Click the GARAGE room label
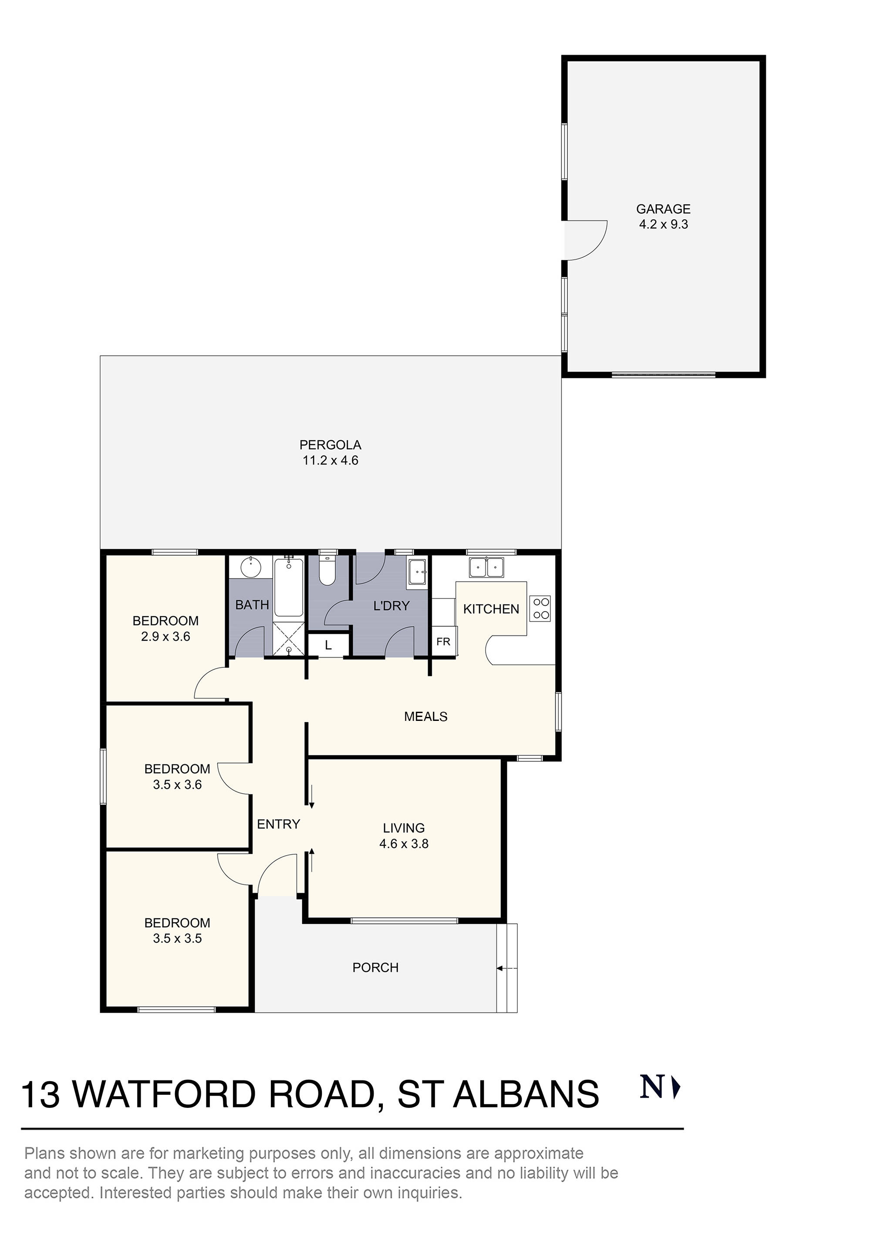pyautogui.click(x=663, y=209)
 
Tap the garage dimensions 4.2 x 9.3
pyautogui.click(x=663, y=224)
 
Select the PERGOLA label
pyautogui.click(x=330, y=445)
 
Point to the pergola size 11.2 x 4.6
pyautogui.click(x=330, y=460)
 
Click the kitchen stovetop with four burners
pyautogui.click(x=541, y=608)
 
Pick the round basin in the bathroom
pyautogui.click(x=250, y=567)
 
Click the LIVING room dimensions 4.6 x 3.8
pyautogui.click(x=404, y=844)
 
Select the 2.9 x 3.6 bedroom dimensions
pyautogui.click(x=165, y=636)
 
